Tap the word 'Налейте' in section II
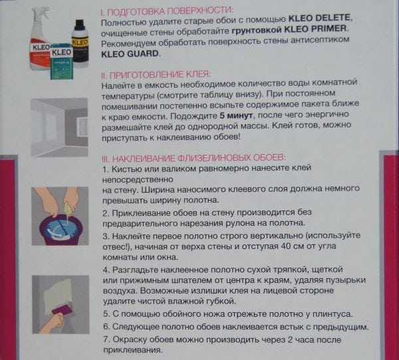tap(120, 86)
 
